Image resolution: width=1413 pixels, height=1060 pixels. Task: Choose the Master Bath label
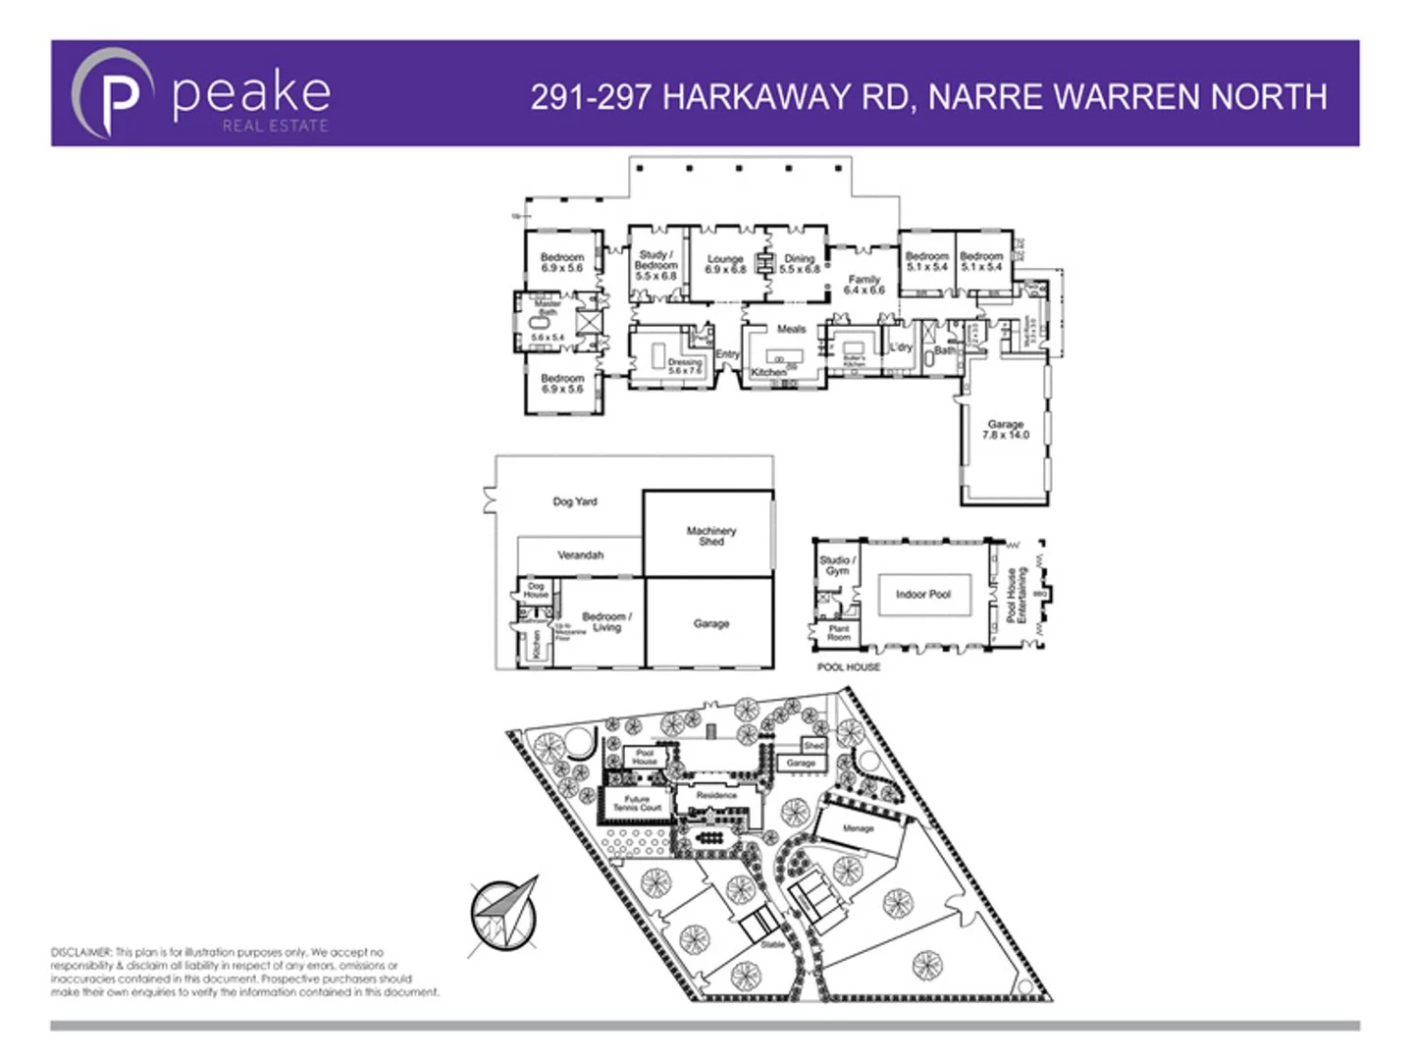[x=548, y=308]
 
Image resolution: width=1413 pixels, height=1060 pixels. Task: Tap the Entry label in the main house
[x=727, y=354]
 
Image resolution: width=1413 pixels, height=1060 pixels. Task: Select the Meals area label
[x=791, y=330]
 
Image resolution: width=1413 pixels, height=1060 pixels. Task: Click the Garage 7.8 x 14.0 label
[x=1006, y=430]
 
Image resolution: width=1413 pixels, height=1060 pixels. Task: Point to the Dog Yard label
[x=575, y=502]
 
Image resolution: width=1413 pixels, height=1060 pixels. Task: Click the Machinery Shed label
[x=711, y=536]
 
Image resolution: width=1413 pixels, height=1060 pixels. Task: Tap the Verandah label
[x=581, y=556]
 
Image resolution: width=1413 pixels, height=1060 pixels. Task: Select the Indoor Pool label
[x=922, y=595]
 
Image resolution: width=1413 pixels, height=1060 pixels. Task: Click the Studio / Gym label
[x=837, y=565]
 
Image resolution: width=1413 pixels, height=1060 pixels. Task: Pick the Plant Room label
[x=839, y=633]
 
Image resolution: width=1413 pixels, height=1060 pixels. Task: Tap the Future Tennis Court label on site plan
[x=638, y=803]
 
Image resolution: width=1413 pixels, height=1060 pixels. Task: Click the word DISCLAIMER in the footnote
[x=81, y=952]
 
